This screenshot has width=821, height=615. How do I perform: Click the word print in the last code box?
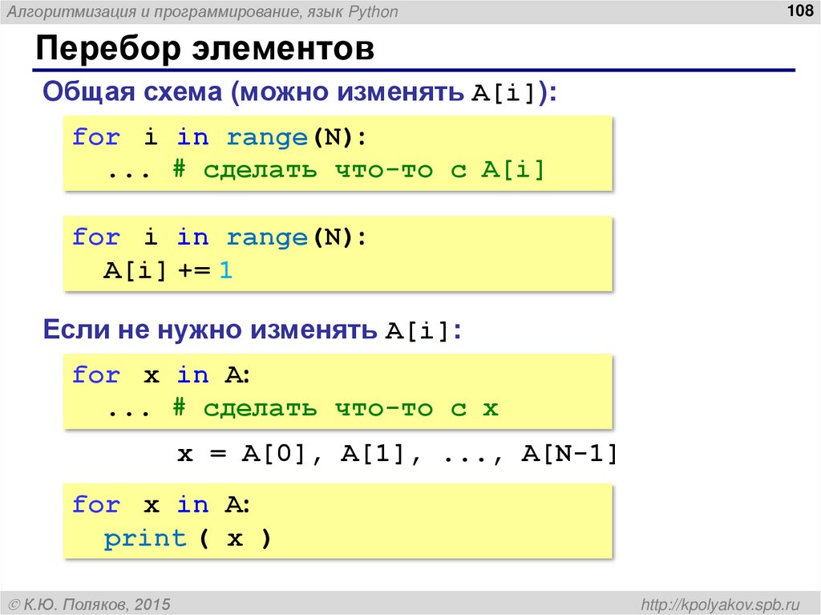(x=145, y=539)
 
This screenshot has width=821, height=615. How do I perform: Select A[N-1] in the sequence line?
(x=569, y=455)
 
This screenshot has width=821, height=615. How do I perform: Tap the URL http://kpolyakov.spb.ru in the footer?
(x=715, y=603)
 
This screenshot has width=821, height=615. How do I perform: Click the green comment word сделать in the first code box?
(x=260, y=171)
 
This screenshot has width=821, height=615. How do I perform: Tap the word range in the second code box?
(x=267, y=238)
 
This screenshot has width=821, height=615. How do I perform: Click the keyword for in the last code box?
(x=95, y=505)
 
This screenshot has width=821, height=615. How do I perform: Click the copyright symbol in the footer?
(x=14, y=603)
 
